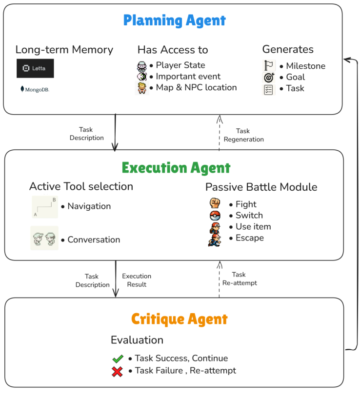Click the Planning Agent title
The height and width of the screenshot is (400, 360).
tap(174, 20)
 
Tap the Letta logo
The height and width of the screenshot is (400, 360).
tap(35, 68)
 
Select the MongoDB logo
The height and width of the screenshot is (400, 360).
tap(35, 90)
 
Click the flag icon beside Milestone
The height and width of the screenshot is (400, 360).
tap(268, 66)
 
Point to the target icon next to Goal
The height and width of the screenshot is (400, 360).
tap(268, 77)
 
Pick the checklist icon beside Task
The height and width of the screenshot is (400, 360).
tap(268, 89)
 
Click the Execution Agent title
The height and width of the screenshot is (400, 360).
tap(176, 168)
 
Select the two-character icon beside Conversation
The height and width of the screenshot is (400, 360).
tap(44, 239)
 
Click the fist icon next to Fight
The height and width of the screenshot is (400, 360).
tap(215, 204)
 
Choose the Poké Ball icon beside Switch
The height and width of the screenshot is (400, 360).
tap(215, 216)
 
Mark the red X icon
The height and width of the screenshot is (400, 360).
tap(117, 371)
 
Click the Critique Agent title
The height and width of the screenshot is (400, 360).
tap(180, 320)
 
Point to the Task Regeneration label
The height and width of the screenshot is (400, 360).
tap(243, 135)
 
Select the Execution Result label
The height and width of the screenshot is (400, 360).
tap(137, 280)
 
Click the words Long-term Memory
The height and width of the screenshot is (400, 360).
tap(64, 50)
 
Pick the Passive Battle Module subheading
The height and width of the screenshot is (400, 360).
tap(261, 187)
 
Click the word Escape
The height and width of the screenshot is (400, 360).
tap(249, 238)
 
